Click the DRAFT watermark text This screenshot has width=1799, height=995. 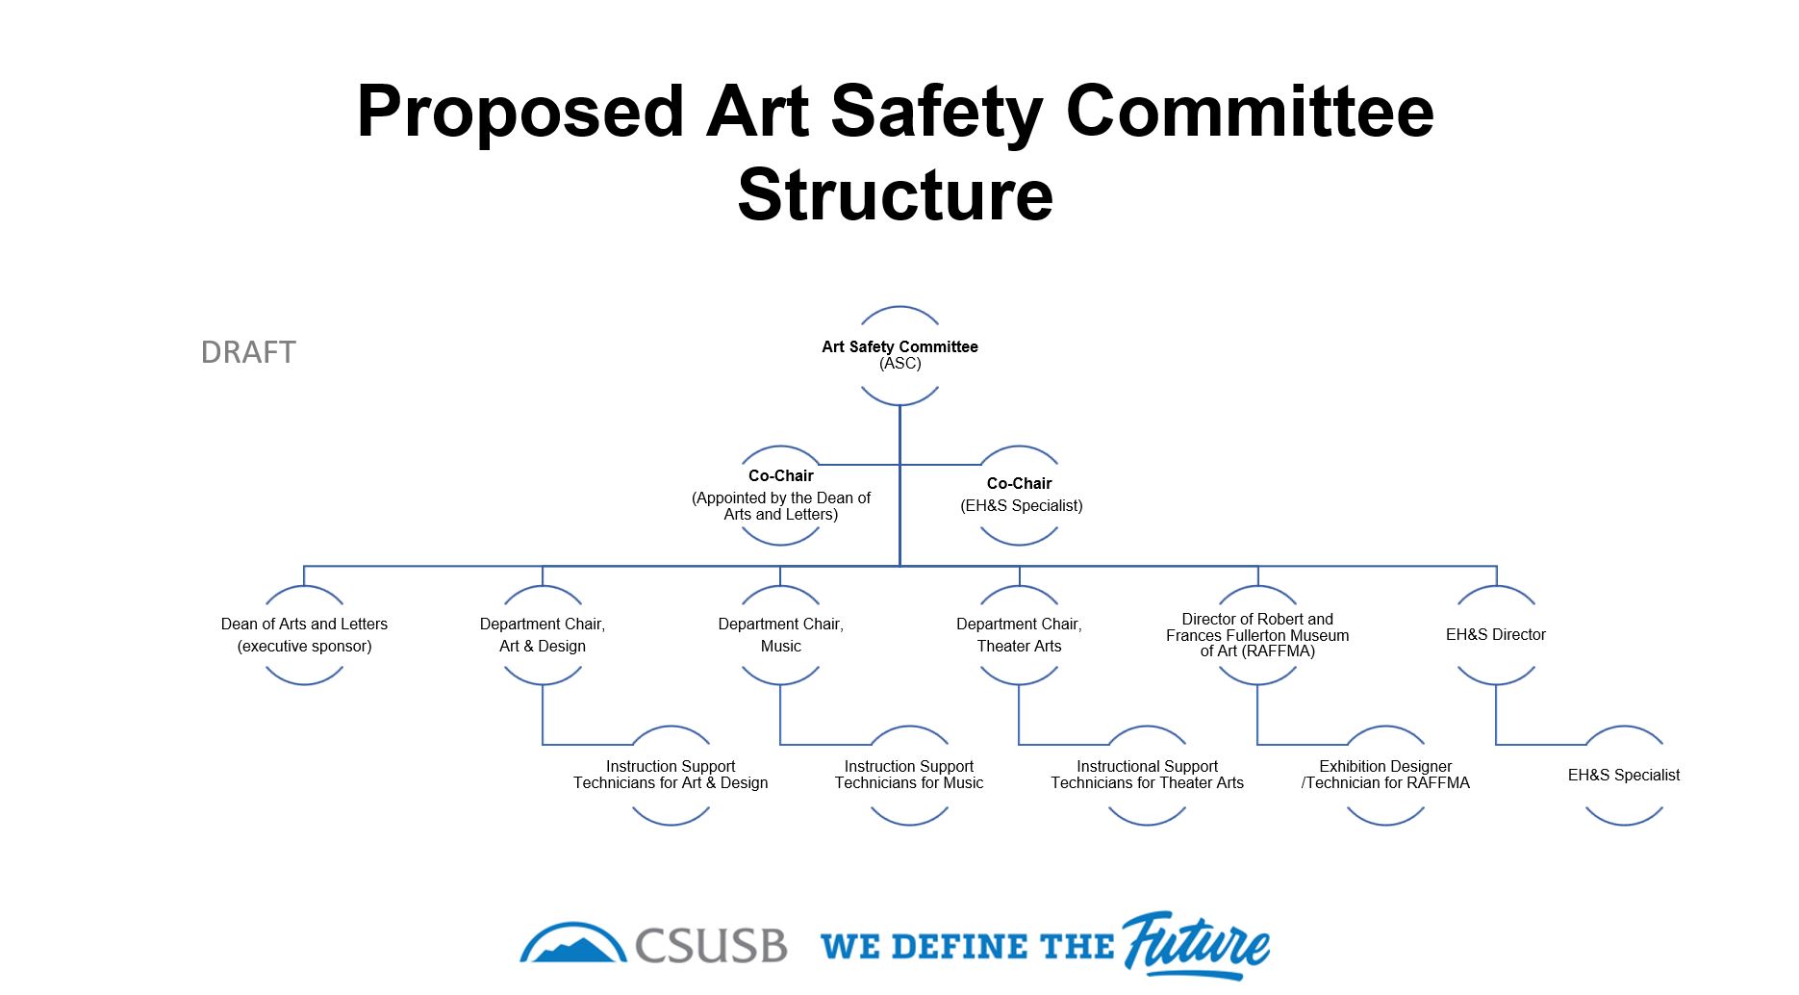coord(248,352)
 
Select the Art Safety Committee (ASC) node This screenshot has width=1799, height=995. coord(899,355)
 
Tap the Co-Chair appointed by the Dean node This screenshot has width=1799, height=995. coord(781,495)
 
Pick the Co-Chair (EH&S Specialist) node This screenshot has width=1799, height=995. coord(1020,495)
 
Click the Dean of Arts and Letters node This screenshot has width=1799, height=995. coord(304,635)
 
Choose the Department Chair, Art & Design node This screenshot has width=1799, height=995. coord(543,635)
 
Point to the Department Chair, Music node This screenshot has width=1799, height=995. coord(781,635)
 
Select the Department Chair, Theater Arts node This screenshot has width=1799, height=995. coord(1020,635)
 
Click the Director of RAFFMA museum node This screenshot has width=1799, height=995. coord(1257,635)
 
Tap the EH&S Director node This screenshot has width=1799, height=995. coord(1496,635)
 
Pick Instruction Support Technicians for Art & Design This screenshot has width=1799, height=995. coord(671,775)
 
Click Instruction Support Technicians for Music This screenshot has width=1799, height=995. coord(909,775)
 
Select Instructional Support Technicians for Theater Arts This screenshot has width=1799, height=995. coord(1147,775)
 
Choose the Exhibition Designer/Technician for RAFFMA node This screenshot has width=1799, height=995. coord(1385,775)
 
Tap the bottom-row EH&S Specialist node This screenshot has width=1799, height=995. coord(1624,775)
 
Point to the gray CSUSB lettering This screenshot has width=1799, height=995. coord(711,946)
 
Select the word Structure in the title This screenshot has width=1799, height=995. coord(896,195)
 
